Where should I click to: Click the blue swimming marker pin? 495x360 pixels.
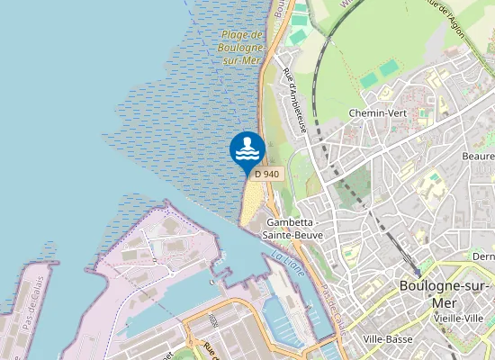tap(247, 150)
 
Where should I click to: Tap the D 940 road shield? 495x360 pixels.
tap(265, 174)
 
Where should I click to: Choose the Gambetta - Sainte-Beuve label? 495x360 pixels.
tap(292, 228)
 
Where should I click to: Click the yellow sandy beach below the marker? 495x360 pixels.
tap(251, 202)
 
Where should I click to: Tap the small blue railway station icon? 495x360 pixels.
tap(418, 273)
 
